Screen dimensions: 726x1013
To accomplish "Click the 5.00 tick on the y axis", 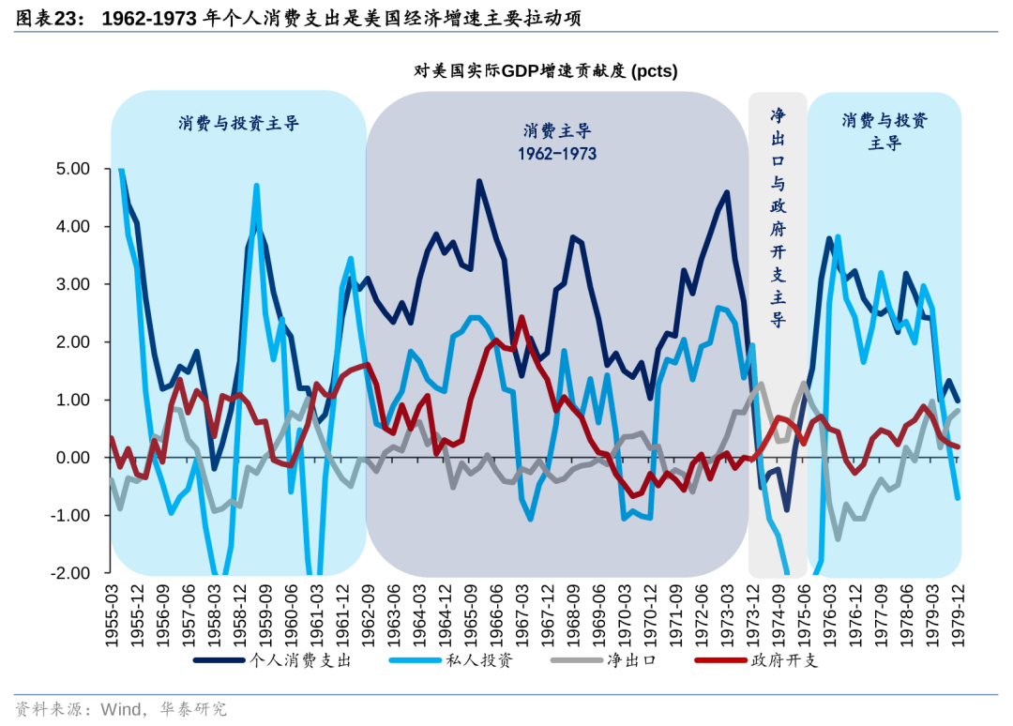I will point(68,169).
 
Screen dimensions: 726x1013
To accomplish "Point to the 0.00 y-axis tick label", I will point(68,458).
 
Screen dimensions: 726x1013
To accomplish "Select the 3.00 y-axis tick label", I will point(68,284).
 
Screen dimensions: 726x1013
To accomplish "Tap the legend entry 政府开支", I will point(783,660).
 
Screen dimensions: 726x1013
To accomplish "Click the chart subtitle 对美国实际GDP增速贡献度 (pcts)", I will point(545,71).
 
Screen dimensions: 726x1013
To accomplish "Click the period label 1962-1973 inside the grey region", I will point(557,153).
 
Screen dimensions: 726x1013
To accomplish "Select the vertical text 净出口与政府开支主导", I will point(778,216).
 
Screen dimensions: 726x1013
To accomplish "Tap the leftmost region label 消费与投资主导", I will point(238,123).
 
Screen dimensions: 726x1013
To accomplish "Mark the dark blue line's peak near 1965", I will point(478,181).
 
